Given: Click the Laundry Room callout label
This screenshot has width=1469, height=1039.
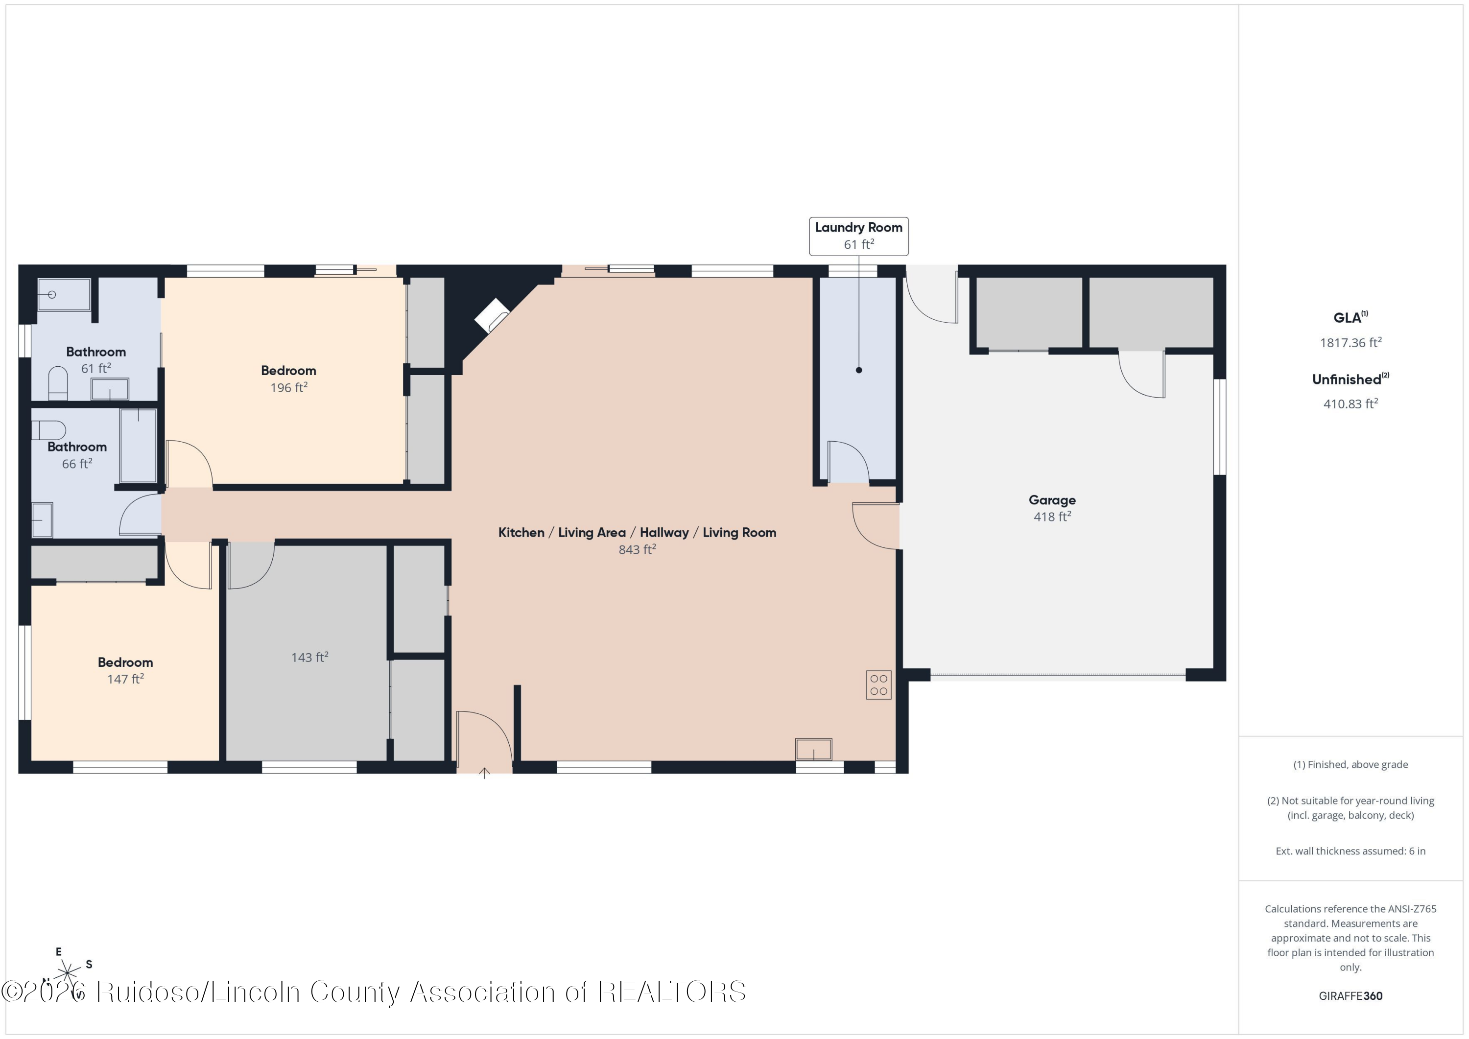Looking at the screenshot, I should click(858, 236).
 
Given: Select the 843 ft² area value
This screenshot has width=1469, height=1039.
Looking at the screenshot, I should click(637, 549).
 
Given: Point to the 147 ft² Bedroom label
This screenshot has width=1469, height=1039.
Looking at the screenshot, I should click(125, 670).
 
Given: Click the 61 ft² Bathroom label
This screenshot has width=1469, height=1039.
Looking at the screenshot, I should click(96, 359).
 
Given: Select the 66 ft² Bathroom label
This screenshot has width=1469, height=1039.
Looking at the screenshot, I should click(77, 455).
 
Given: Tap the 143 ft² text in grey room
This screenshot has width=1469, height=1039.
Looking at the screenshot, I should click(309, 657).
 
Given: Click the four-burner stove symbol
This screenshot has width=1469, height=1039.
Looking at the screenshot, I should click(878, 685).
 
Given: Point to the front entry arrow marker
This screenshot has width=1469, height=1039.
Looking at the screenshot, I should click(484, 773).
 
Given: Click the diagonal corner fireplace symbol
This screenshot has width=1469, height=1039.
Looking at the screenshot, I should click(491, 315).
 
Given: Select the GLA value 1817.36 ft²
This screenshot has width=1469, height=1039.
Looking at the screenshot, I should click(1350, 342).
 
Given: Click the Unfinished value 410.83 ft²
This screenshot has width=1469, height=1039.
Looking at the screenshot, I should click(1350, 403).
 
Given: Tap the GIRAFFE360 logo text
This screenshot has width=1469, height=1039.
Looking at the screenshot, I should click(1350, 995).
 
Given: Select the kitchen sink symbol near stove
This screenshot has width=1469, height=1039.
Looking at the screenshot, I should click(813, 749).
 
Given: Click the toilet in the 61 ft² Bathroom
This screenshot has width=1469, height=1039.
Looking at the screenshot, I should click(58, 384).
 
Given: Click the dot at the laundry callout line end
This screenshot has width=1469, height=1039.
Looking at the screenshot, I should click(858, 370).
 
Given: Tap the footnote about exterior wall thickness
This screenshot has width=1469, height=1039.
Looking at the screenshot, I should click(1350, 851).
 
